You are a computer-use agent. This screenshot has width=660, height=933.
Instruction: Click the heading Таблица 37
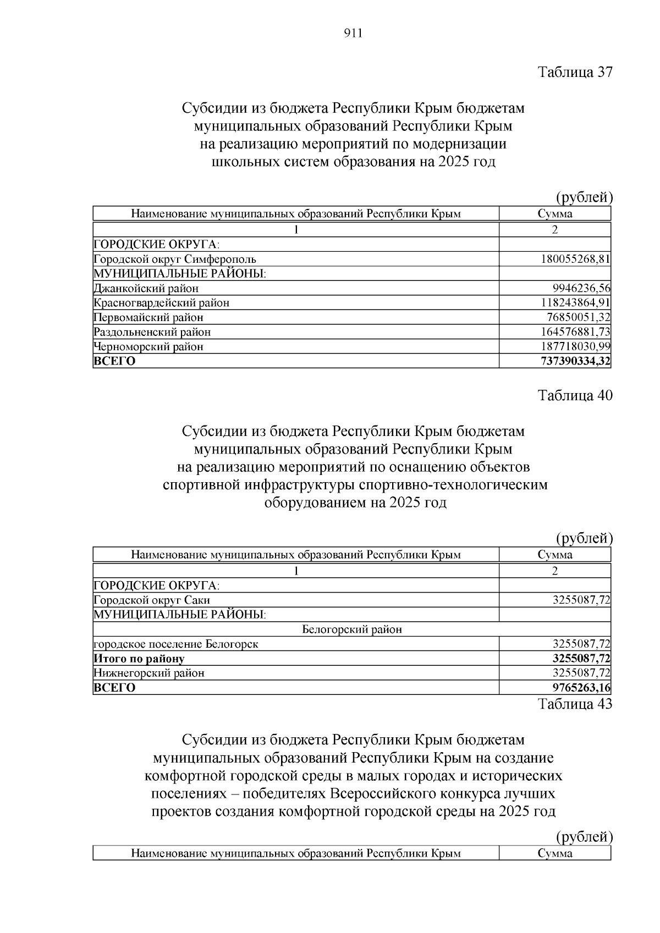coord(575,72)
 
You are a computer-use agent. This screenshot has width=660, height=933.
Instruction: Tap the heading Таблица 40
coord(575,396)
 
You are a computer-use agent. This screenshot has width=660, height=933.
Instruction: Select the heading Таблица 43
coord(575,704)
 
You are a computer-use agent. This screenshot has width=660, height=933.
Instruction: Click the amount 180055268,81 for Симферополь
coord(575,259)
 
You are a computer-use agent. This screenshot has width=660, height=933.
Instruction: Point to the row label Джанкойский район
coord(146,288)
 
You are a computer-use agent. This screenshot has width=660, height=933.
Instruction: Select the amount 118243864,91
coord(575,302)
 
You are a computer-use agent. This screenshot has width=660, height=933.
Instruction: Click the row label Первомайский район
coord(148,317)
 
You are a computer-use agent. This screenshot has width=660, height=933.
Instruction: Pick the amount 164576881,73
coord(575,332)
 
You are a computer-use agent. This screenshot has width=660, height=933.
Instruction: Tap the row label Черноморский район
coord(148,346)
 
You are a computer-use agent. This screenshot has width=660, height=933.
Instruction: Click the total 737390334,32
coord(575,361)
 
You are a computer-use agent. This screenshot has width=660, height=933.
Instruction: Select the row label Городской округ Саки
coord(152,600)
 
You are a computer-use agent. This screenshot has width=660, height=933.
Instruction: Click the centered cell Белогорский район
coord(352,630)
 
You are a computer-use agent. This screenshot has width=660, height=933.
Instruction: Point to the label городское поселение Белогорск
coord(176,644)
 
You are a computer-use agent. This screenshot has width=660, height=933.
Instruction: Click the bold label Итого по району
coord(139,659)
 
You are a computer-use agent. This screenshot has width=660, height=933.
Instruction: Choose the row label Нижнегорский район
coord(149,673)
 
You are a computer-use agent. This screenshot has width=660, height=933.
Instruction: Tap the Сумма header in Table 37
coord(555,214)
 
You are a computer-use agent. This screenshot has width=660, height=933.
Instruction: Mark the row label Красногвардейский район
coord(162,302)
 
